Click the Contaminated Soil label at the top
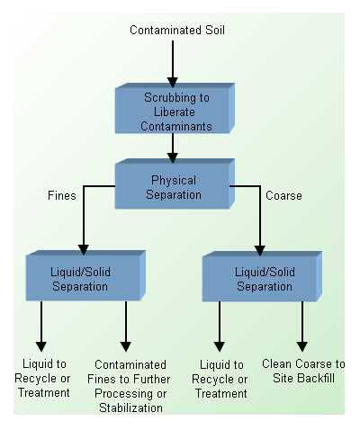(177, 31)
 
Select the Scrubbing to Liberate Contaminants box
(175, 108)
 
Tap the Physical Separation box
(175, 184)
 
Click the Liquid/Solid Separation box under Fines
(85, 276)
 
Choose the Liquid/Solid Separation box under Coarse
(262, 276)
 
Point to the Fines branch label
(62, 196)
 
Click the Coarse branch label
(283, 196)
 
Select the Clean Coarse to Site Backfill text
(303, 371)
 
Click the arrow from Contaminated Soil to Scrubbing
(173, 64)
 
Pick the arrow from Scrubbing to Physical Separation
(173, 148)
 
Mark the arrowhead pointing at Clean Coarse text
(302, 346)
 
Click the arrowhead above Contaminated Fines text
(126, 346)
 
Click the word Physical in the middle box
(174, 181)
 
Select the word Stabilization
(130, 408)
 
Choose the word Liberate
(175, 112)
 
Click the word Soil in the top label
(215, 31)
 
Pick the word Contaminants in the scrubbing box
(176, 127)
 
